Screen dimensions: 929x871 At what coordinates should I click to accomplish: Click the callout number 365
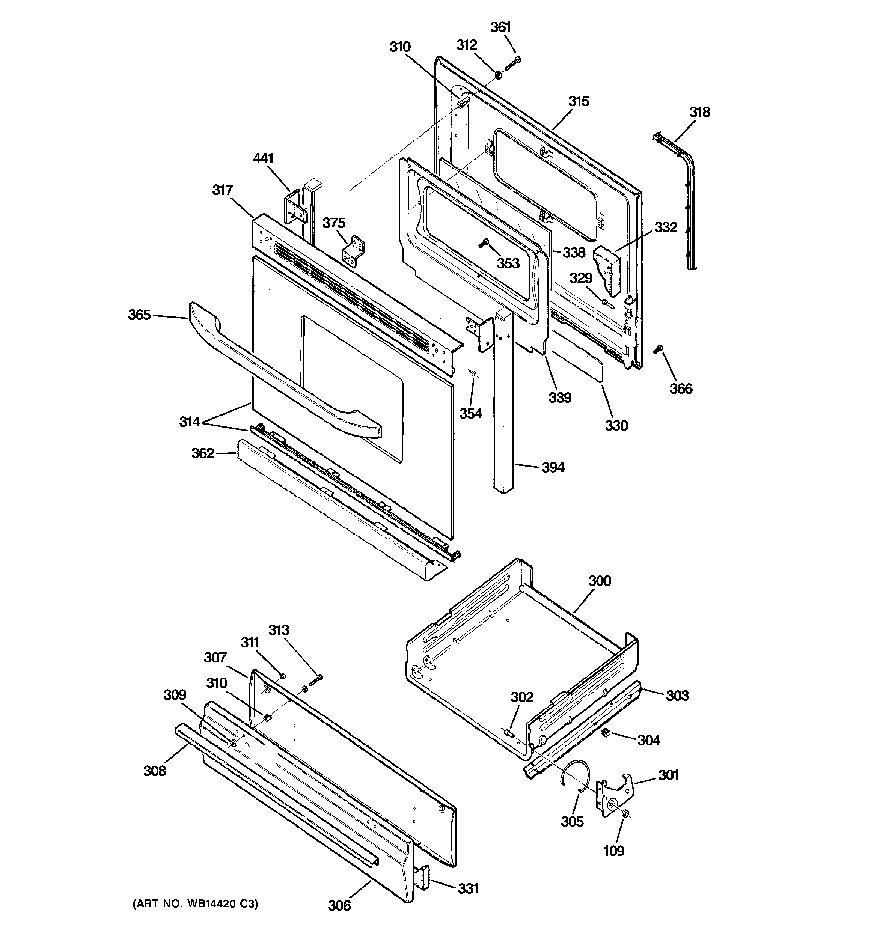click(139, 315)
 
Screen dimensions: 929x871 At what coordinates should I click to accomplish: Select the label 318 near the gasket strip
click(699, 112)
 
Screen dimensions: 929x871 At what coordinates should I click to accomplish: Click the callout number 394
click(553, 467)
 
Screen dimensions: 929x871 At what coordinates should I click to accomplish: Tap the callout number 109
click(613, 851)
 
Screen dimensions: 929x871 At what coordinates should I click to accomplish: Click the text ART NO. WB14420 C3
click(196, 904)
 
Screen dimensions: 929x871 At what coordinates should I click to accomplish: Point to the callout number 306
click(339, 906)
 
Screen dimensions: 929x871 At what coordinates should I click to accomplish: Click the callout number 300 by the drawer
click(600, 581)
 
